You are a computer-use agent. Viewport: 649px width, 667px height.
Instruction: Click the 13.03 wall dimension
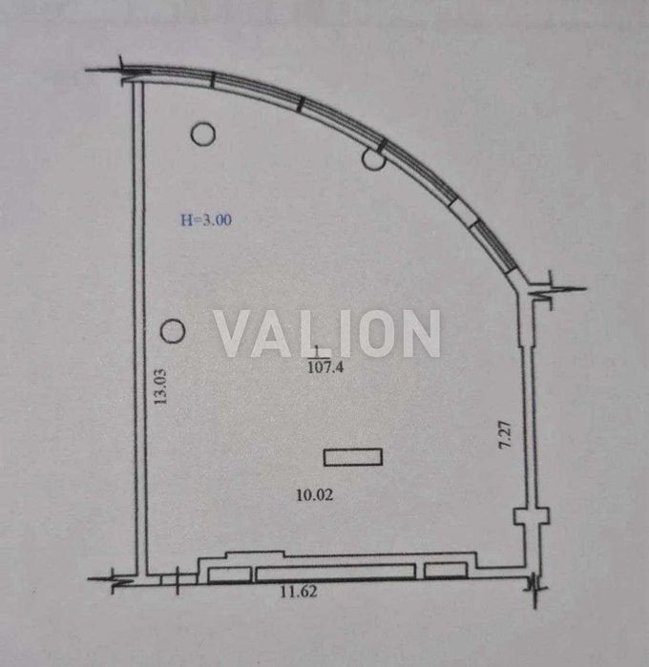click(160, 386)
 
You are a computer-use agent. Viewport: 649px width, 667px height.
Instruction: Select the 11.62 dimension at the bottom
click(299, 592)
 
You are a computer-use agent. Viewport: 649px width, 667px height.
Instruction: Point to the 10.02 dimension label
click(315, 494)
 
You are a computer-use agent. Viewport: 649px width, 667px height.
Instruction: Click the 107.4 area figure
click(325, 366)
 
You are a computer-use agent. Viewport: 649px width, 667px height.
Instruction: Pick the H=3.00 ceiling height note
click(206, 219)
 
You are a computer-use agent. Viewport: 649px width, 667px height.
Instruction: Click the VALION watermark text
click(326, 334)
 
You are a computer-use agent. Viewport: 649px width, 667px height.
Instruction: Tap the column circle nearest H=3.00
click(203, 134)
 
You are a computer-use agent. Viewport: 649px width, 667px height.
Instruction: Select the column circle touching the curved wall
click(374, 158)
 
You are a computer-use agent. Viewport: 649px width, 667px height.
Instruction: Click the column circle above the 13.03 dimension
click(173, 331)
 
